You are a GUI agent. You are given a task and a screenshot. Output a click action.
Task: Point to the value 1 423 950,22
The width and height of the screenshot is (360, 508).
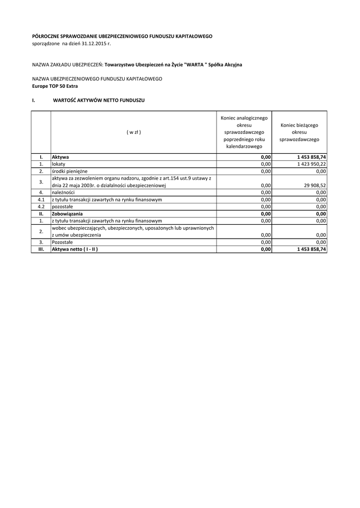click(311, 164)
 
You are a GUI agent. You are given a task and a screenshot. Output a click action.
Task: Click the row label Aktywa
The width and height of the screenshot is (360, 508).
click(61, 157)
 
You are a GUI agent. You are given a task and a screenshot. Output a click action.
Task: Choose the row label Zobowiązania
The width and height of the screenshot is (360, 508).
click(67, 214)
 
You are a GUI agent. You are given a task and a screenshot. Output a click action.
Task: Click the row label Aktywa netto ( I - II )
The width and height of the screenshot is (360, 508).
click(75, 250)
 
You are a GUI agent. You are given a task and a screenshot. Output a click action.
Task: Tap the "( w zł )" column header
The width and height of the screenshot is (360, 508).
click(134, 132)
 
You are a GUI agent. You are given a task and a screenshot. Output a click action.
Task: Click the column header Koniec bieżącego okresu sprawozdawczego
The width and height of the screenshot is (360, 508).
click(299, 132)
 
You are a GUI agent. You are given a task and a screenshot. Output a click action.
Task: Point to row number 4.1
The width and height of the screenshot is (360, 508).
click(42, 199)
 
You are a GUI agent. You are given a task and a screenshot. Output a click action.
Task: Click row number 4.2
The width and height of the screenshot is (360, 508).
click(42, 206)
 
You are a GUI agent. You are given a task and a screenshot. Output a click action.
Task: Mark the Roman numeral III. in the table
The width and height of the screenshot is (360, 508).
click(41, 250)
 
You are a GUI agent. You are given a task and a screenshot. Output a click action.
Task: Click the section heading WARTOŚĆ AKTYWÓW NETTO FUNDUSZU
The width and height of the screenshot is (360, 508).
click(99, 100)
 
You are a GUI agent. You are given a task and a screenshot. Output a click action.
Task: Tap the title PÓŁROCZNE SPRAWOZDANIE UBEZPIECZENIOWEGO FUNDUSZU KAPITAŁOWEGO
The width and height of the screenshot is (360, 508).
click(122, 36)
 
